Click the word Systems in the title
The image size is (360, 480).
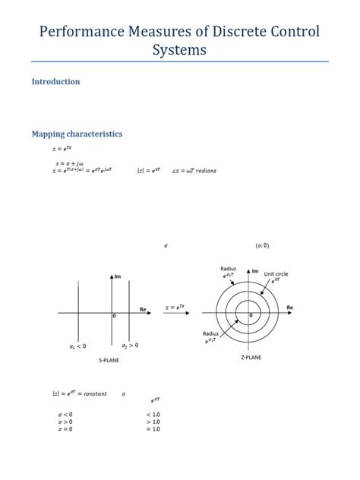pyautogui.click(x=179, y=51)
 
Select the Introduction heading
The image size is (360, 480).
pyautogui.click(x=55, y=81)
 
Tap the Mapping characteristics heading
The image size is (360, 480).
pyautogui.click(x=77, y=134)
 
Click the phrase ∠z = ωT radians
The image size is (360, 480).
pyautogui.click(x=194, y=171)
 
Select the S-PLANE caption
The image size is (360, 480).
pyautogui.click(x=109, y=360)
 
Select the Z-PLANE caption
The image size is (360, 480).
pyautogui.click(x=252, y=355)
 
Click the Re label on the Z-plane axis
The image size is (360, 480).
pyautogui.click(x=289, y=307)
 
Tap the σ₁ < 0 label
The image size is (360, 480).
pyautogui.click(x=77, y=346)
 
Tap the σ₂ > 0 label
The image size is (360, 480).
pyautogui.click(x=130, y=346)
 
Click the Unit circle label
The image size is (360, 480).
pyautogui.click(x=276, y=273)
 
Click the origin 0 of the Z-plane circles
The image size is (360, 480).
pyautogui.click(x=251, y=316)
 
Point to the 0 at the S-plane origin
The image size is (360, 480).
pyautogui.click(x=114, y=316)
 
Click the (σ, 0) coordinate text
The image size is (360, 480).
pyautogui.click(x=262, y=245)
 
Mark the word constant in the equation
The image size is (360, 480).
pyautogui.click(x=94, y=393)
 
